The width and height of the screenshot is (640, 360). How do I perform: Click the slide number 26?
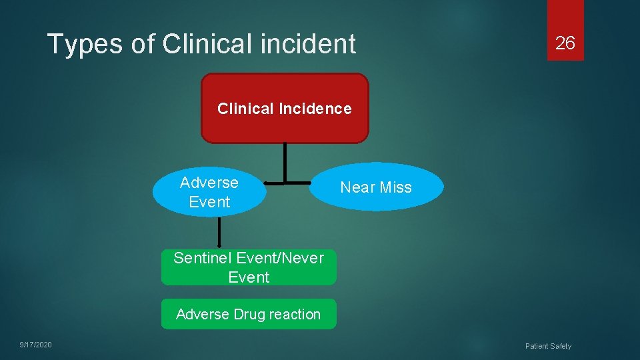pos(565,43)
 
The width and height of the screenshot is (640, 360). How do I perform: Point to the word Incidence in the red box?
pos(315,109)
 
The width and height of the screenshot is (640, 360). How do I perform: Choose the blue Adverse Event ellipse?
pos(209,192)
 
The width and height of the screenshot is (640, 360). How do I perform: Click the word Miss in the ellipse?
pos(396,187)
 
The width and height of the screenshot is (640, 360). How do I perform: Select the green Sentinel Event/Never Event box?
pos(249,267)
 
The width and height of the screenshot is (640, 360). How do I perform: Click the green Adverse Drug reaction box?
pos(249,314)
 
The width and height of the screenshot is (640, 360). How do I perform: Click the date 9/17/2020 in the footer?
pos(35,345)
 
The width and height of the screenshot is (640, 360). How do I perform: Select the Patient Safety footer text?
pos(548,346)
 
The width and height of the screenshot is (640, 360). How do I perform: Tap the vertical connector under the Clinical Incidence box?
pos(285,162)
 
